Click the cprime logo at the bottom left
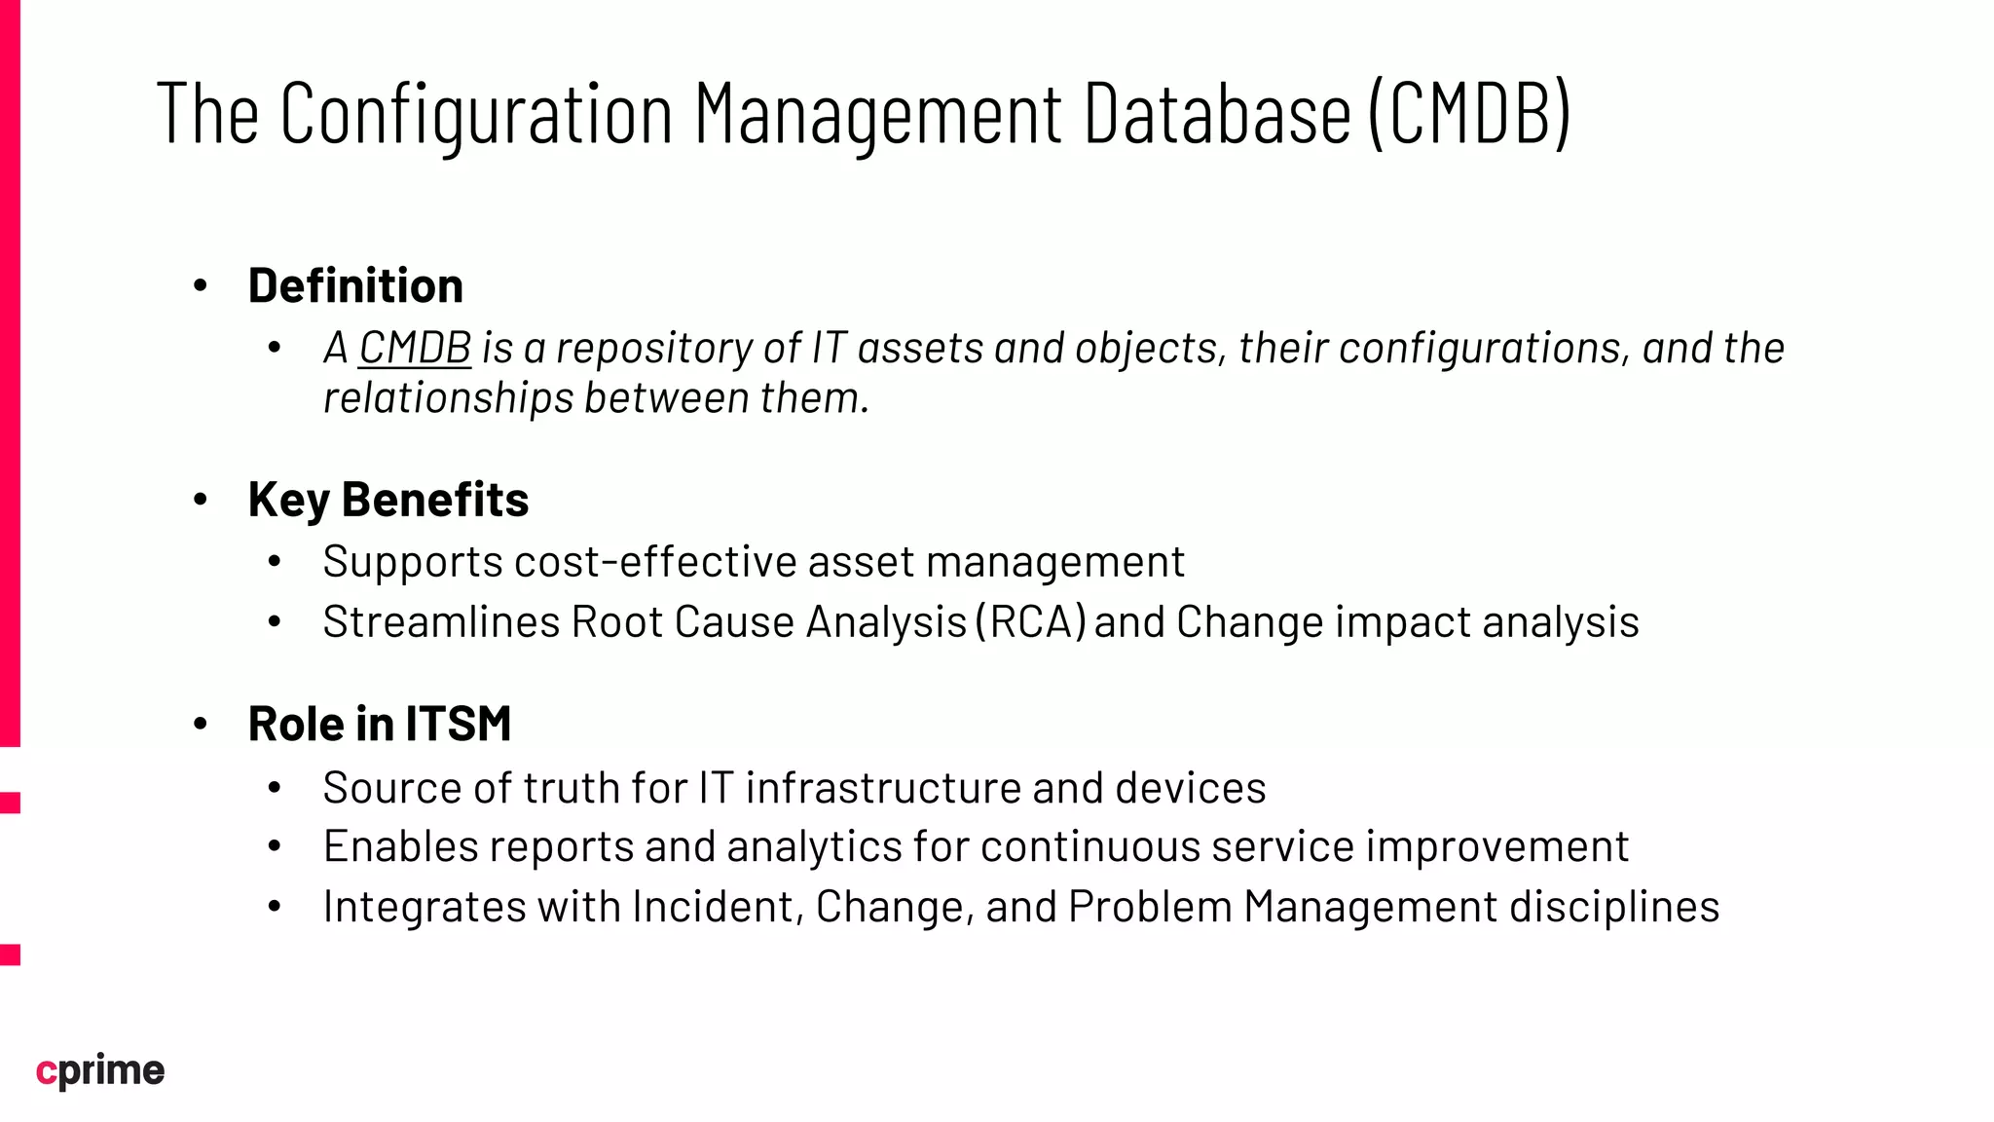coord(100,1070)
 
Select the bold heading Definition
coord(355,285)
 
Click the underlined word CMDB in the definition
coord(415,348)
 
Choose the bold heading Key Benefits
coord(388,500)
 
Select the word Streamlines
coord(441,622)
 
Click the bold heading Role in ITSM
coord(380,724)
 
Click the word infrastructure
coord(883,788)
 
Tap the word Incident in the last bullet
coord(718,907)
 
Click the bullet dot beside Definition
coord(201,285)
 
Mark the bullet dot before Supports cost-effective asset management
coord(275,562)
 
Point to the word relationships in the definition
coord(448,397)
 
